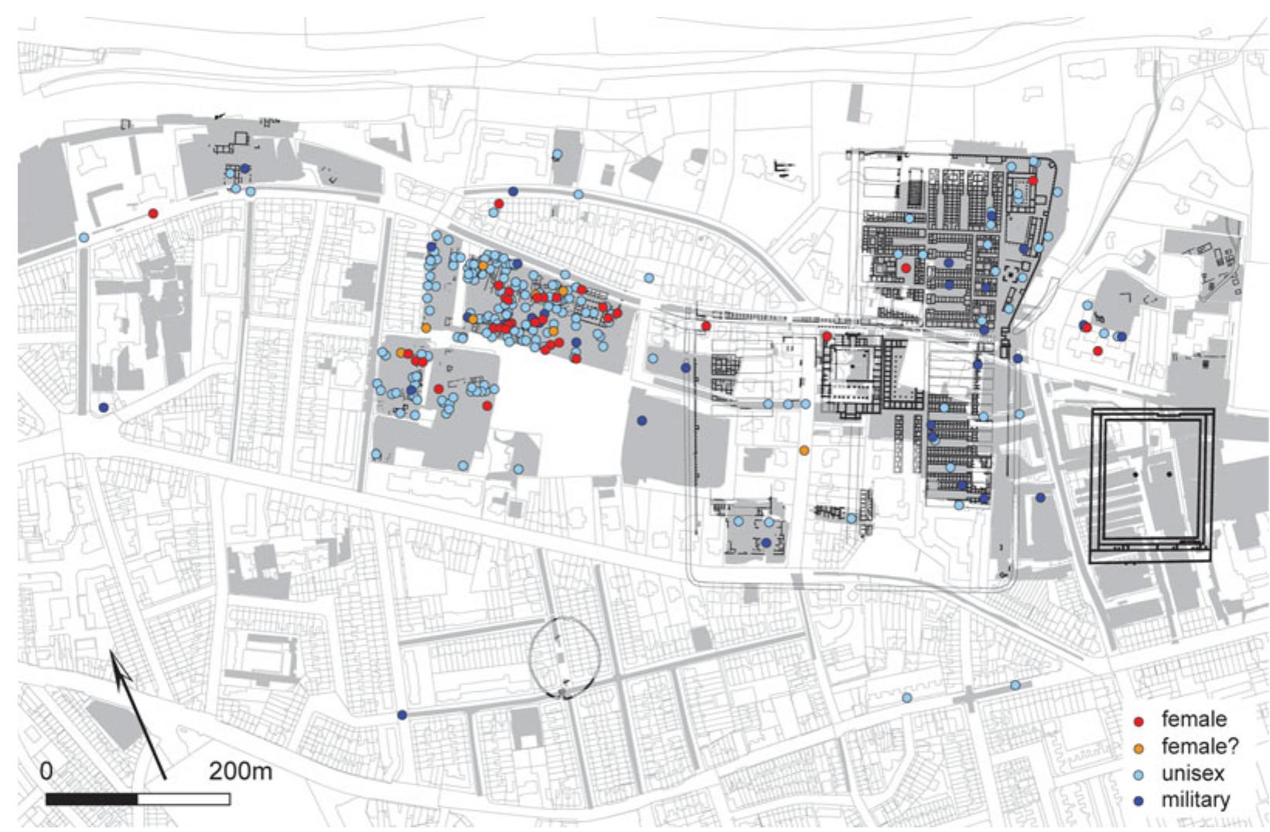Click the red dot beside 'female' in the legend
1138,721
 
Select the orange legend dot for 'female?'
1138,748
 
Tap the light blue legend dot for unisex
1138,775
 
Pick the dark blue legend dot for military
1138,801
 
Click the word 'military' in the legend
1195,800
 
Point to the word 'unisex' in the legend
1191,773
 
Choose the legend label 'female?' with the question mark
1200,746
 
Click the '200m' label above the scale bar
240,771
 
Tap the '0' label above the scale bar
46,771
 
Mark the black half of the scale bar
92,799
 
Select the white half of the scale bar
183,799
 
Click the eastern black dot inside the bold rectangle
1169,474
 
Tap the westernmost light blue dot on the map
84,237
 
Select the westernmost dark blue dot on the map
104,407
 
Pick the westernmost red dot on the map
153,213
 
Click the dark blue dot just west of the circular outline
401,715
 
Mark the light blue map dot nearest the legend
1015,685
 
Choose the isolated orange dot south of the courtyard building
804,450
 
